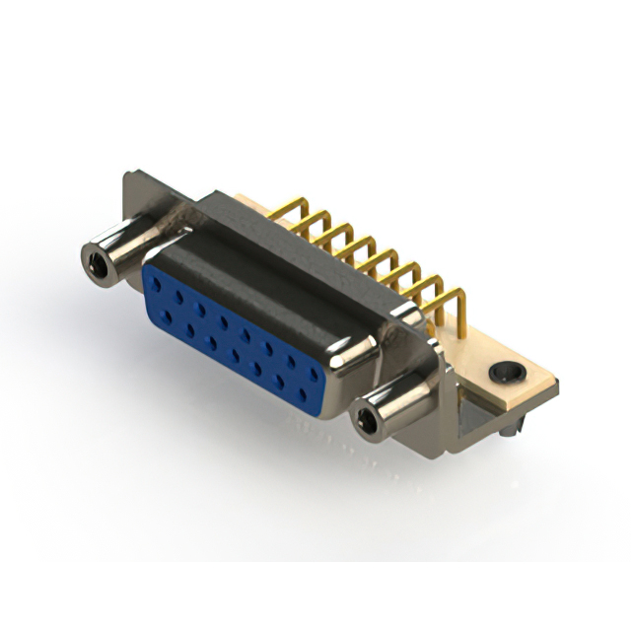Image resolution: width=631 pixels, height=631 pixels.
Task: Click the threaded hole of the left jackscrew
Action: [96, 261]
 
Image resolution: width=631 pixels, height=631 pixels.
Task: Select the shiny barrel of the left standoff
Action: [123, 246]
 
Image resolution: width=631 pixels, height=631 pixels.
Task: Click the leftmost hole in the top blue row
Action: [157, 285]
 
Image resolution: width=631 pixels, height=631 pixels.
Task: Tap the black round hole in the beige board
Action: [507, 374]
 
